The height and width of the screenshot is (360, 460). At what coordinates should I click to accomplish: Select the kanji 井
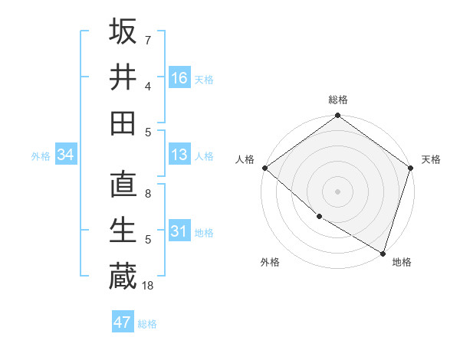(x=123, y=77)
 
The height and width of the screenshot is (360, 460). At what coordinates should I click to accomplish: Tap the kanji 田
(x=123, y=123)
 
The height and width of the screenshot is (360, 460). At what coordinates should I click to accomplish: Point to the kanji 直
(x=123, y=185)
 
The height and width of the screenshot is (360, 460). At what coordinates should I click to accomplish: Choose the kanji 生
(x=123, y=231)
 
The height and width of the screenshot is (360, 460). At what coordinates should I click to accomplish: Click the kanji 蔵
(x=123, y=276)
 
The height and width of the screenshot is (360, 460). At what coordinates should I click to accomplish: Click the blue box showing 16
(x=179, y=78)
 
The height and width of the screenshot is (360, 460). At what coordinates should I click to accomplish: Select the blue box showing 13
(x=179, y=155)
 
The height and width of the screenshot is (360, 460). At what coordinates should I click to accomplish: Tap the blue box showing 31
(x=179, y=231)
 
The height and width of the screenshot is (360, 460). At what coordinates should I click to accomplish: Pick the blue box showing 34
(x=66, y=155)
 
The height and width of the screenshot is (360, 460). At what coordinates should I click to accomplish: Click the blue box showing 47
(x=123, y=322)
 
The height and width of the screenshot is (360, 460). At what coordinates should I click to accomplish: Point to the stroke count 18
(x=149, y=286)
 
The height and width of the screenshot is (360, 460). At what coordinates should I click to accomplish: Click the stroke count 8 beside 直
(x=148, y=194)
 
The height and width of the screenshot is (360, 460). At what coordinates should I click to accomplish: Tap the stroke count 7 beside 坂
(x=148, y=40)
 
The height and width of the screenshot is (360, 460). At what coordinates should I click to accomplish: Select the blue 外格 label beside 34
(x=41, y=155)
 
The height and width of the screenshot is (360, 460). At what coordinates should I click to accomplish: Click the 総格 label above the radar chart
(x=338, y=100)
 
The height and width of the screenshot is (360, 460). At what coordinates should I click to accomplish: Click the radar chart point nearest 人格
(x=264, y=168)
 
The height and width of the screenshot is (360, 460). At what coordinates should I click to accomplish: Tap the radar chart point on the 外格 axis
(x=319, y=217)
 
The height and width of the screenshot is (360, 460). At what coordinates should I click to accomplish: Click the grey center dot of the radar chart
(x=338, y=191)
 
